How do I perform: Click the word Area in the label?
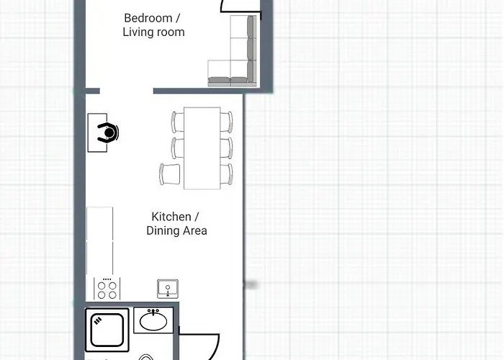194,231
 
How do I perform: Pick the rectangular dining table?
202,148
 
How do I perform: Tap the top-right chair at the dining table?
226,121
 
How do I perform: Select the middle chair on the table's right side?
226,148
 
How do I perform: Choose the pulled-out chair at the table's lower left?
170,174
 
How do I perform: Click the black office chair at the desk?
109,133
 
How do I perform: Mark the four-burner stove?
107,289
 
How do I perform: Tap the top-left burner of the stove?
102,284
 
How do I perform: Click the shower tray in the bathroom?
107,330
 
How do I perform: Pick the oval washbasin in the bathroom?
153,320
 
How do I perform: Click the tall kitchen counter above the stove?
100,240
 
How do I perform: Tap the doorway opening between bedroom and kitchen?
126,91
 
